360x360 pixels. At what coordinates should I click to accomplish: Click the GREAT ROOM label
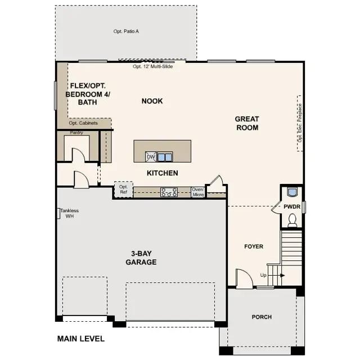pyautogui.click(x=247, y=123)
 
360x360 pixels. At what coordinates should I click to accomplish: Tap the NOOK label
pyautogui.click(x=152, y=101)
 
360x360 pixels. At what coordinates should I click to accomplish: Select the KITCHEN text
pyautogui.click(x=163, y=173)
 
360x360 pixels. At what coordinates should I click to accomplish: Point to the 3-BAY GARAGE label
pyautogui.click(x=141, y=258)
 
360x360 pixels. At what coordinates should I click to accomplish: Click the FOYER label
pyautogui.click(x=253, y=246)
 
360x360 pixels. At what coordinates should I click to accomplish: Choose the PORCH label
pyautogui.click(x=261, y=317)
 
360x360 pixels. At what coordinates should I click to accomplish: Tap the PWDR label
pyautogui.click(x=292, y=207)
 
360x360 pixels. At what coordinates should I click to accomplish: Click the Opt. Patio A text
pyautogui.click(x=126, y=31)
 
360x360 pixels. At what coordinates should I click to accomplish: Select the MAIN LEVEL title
pyautogui.click(x=81, y=339)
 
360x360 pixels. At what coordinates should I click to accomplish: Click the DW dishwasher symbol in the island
pyautogui.click(x=151, y=156)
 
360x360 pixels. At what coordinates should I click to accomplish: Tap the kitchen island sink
pyautogui.click(x=165, y=157)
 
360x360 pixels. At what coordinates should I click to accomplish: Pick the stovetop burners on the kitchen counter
pyautogui.click(x=169, y=192)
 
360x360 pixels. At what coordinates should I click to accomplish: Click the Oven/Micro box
pyautogui.click(x=197, y=192)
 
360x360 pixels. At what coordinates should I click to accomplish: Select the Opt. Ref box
pyautogui.click(x=123, y=189)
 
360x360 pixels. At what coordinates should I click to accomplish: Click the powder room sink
pyautogui.click(x=291, y=192)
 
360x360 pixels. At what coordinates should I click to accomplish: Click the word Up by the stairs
pyautogui.click(x=263, y=275)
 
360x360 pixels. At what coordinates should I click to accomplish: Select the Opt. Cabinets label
pyautogui.click(x=83, y=123)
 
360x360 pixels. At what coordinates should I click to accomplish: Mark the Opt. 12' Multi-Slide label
pyautogui.click(x=152, y=66)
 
